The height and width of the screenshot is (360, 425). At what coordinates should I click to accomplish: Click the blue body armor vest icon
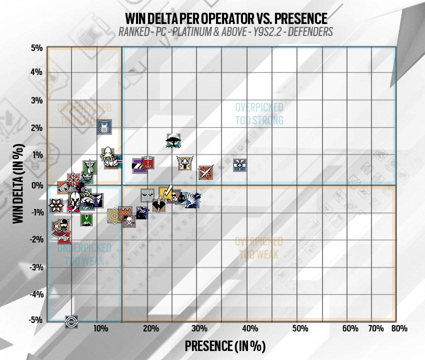click(x=104, y=127)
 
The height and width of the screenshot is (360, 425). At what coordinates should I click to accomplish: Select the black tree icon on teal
click(x=173, y=140)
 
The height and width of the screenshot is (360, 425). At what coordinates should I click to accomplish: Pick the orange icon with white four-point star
click(x=205, y=173)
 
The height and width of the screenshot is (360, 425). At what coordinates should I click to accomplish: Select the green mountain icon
click(x=86, y=219)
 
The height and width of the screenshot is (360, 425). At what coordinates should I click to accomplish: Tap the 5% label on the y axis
click(x=36, y=48)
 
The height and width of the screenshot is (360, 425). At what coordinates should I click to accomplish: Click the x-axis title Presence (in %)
click(x=224, y=345)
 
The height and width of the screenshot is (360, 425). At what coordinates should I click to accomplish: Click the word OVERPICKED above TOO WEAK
click(x=259, y=241)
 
